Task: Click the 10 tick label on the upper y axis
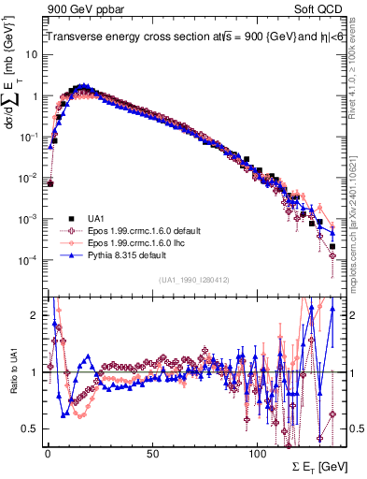(30, 55)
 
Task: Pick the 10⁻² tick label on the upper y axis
(28, 178)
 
